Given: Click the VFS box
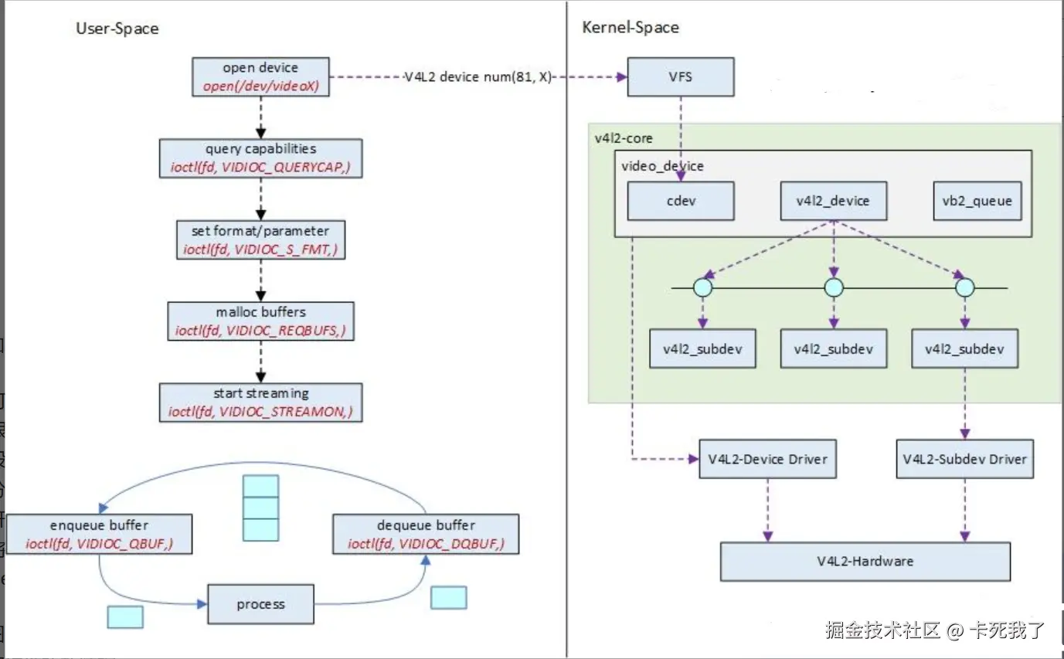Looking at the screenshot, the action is (680, 77).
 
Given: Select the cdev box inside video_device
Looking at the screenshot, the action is (680, 201).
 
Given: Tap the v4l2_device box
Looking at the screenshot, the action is (833, 201).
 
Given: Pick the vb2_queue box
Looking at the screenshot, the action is (977, 201).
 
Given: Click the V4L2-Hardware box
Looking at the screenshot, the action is (865, 561).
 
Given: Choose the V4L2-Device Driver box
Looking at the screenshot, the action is (767, 459).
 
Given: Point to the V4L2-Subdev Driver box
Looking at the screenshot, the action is (965, 459).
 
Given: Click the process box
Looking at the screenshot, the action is (260, 604).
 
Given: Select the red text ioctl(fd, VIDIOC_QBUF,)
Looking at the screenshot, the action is (99, 544).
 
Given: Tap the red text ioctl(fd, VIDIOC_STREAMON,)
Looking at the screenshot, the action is (260, 411).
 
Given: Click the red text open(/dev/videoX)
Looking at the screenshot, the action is (260, 86).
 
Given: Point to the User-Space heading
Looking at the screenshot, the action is (117, 29).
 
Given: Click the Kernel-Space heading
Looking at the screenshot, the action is (631, 27).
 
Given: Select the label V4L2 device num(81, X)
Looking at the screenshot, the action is (478, 77).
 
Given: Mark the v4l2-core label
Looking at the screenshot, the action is (624, 138).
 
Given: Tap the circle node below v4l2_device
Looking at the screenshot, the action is (834, 287).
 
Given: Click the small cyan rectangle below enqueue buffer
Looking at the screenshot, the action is (125, 617).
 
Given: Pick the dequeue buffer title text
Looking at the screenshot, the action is (426, 525).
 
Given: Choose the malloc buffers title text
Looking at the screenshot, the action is (260, 312).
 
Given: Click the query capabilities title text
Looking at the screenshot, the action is (260, 149).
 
